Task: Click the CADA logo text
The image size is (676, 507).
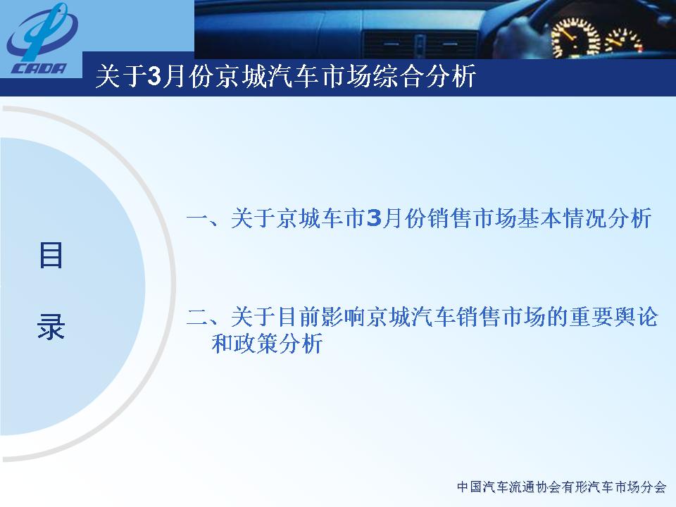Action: click(x=39, y=68)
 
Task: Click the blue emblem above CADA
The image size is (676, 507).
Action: click(x=42, y=33)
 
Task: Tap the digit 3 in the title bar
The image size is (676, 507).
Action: click(x=154, y=76)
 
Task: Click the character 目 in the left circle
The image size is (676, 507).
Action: click(x=51, y=255)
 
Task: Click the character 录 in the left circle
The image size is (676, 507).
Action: click(x=51, y=326)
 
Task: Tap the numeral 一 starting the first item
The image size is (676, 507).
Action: click(x=197, y=218)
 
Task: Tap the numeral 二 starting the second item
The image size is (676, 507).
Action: click(x=197, y=318)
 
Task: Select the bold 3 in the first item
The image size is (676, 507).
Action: click(x=374, y=218)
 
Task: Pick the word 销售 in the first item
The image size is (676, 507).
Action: click(x=450, y=218)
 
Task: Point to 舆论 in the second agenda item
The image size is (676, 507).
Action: click(x=636, y=317)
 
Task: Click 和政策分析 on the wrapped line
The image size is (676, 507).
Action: click(x=268, y=344)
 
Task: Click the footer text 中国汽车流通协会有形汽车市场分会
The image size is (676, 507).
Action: click(x=561, y=487)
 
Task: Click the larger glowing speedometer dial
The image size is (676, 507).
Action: click(x=575, y=38)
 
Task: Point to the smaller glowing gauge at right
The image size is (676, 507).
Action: click(x=624, y=42)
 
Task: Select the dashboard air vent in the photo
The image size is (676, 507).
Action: click(x=420, y=45)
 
